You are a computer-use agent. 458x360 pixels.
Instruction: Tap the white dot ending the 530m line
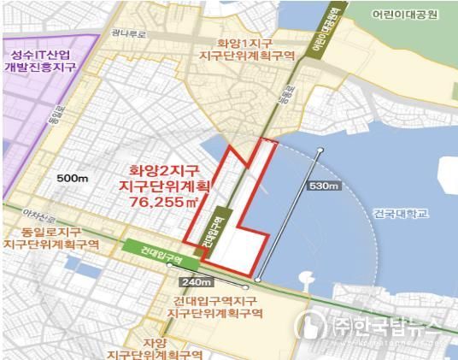pyautogui.click(x=320, y=151)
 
